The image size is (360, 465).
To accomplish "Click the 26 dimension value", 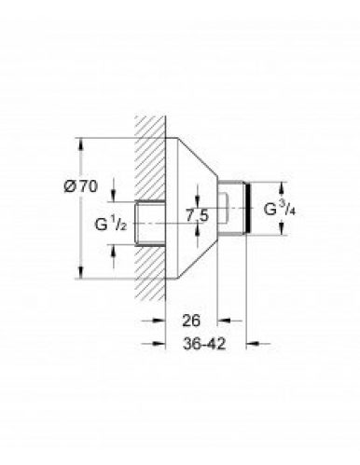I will coord(190,320).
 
